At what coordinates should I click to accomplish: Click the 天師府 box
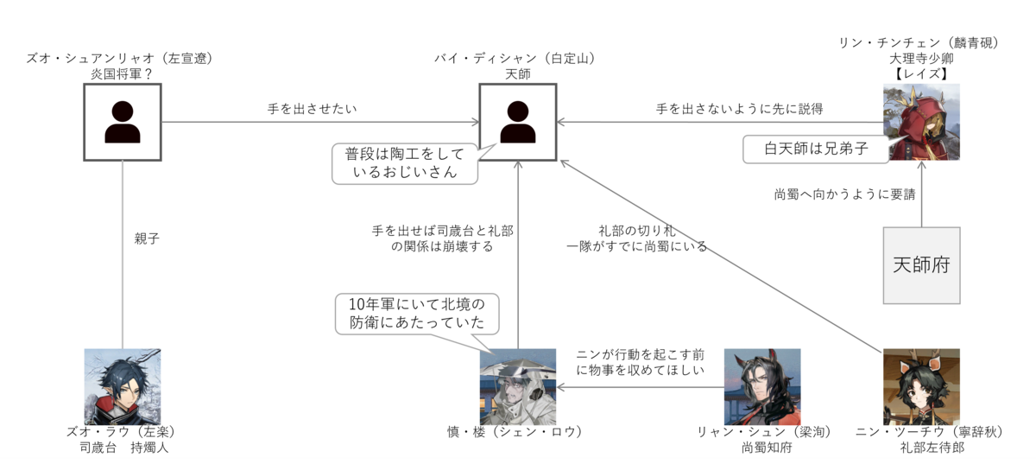[921, 265]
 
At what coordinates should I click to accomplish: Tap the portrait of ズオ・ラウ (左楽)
[123, 387]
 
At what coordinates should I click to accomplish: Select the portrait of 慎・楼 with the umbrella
[518, 387]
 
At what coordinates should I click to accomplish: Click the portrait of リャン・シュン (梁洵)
[762, 387]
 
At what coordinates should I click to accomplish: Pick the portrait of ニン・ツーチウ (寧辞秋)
[921, 387]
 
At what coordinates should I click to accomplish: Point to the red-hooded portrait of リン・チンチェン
[921, 122]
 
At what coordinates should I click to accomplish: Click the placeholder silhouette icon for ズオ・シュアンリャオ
[123, 122]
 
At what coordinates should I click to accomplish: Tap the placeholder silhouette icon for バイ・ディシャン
[518, 122]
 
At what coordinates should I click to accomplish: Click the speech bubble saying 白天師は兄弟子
[816, 149]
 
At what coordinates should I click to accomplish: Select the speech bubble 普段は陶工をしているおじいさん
[405, 163]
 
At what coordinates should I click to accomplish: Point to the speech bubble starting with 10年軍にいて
[417, 314]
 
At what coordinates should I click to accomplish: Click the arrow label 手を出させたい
[313, 109]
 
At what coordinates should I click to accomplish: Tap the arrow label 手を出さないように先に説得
[739, 109]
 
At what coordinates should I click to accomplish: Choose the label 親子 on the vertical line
[147, 238]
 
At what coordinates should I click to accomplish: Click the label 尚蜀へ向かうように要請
[845, 194]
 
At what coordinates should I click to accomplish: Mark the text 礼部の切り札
[637, 231]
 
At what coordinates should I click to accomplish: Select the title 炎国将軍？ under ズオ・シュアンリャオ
[121, 73]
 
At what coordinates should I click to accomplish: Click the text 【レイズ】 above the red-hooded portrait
[921, 73]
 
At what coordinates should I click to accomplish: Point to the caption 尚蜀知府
[767, 448]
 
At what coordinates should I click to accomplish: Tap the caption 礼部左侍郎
[932, 448]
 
